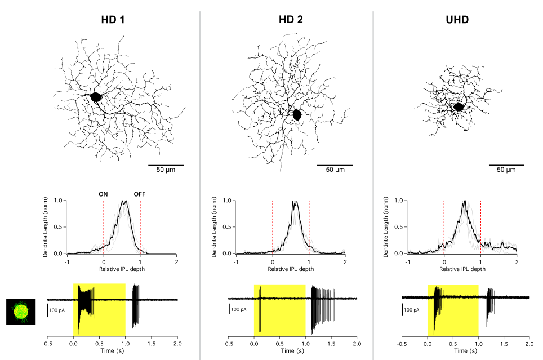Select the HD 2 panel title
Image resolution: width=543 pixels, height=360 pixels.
(291, 19)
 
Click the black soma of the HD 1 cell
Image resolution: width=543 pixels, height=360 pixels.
(96, 97)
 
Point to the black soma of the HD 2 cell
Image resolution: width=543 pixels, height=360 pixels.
(297, 114)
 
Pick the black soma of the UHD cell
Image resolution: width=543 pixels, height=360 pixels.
(459, 106)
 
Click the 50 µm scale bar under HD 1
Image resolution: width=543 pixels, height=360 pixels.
(166, 165)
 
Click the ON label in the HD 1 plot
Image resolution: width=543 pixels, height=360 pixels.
(104, 194)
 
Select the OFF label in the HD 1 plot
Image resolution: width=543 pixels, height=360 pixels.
(140, 194)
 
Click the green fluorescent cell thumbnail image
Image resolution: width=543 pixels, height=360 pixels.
(21, 312)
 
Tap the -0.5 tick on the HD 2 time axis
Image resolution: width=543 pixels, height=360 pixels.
(228, 343)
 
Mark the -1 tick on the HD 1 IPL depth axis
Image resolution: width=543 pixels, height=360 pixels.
(66, 262)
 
